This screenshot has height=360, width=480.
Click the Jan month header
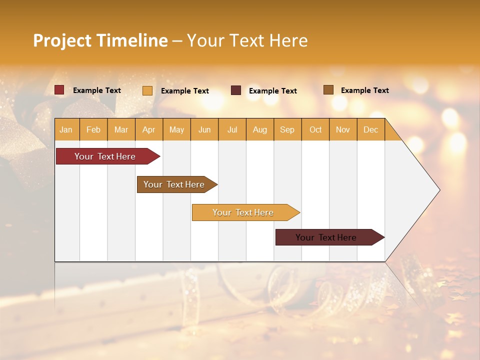(66, 129)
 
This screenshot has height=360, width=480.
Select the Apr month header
(149, 129)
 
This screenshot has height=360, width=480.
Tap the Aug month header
(260, 129)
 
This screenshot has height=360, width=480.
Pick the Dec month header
(370, 129)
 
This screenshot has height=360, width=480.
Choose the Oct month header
(315, 129)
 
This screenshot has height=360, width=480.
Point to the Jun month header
(204, 129)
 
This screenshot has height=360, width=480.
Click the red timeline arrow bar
(105, 156)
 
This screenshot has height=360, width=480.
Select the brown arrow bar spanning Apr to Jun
(174, 184)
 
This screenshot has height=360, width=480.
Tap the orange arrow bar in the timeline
(243, 212)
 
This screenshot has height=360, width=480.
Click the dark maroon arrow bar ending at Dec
(326, 237)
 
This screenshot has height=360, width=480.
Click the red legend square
(59, 90)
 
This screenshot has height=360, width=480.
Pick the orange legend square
(147, 90)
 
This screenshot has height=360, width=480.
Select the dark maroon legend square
(236, 90)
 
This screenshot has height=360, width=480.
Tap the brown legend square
(328, 90)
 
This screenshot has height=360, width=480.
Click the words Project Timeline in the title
(100, 40)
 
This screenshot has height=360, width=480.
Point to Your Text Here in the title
(247, 40)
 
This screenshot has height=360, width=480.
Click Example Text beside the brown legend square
(364, 90)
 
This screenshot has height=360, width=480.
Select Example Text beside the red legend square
(96, 90)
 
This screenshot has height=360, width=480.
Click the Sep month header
(287, 129)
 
